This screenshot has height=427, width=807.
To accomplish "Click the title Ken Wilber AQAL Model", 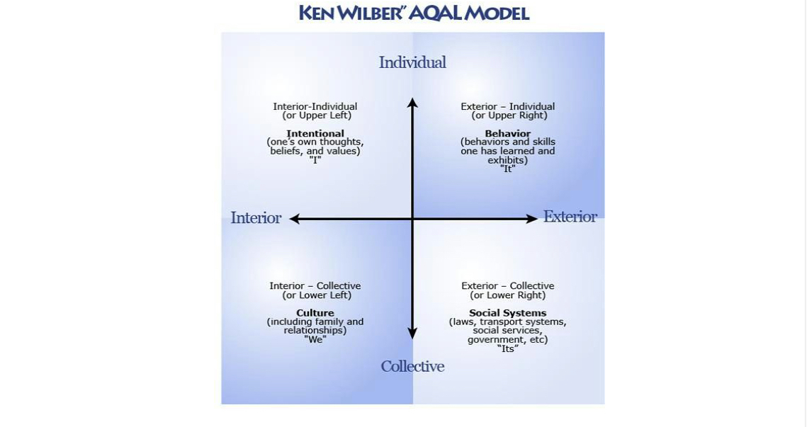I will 414,13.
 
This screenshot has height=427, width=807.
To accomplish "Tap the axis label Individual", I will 412,62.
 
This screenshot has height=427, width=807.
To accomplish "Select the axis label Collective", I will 412,366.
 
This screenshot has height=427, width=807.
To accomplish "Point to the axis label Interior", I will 256,218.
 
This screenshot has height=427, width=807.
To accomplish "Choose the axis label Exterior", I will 570,217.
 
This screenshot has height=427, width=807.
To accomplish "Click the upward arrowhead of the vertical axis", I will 412,103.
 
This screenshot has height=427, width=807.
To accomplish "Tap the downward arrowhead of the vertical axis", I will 412,334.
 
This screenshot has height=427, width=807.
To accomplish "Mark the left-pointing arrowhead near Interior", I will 294,219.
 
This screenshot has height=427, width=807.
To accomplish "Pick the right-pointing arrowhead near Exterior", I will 532,219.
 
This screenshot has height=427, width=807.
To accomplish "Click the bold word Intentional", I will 315,133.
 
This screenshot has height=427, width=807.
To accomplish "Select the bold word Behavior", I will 507,133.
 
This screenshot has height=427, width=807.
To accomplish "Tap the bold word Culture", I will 315,312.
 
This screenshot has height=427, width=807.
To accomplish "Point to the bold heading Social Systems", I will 507,312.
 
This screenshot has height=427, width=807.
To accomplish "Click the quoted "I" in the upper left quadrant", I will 315,160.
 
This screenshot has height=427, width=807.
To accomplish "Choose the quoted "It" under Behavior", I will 507,169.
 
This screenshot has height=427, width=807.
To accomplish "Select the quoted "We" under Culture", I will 315,339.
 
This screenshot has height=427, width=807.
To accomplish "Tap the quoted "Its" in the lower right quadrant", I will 507,348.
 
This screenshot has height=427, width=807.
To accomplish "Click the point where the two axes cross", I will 412,219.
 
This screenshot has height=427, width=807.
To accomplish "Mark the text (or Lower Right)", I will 507,295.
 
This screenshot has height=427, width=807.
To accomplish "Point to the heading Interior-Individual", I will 315,106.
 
